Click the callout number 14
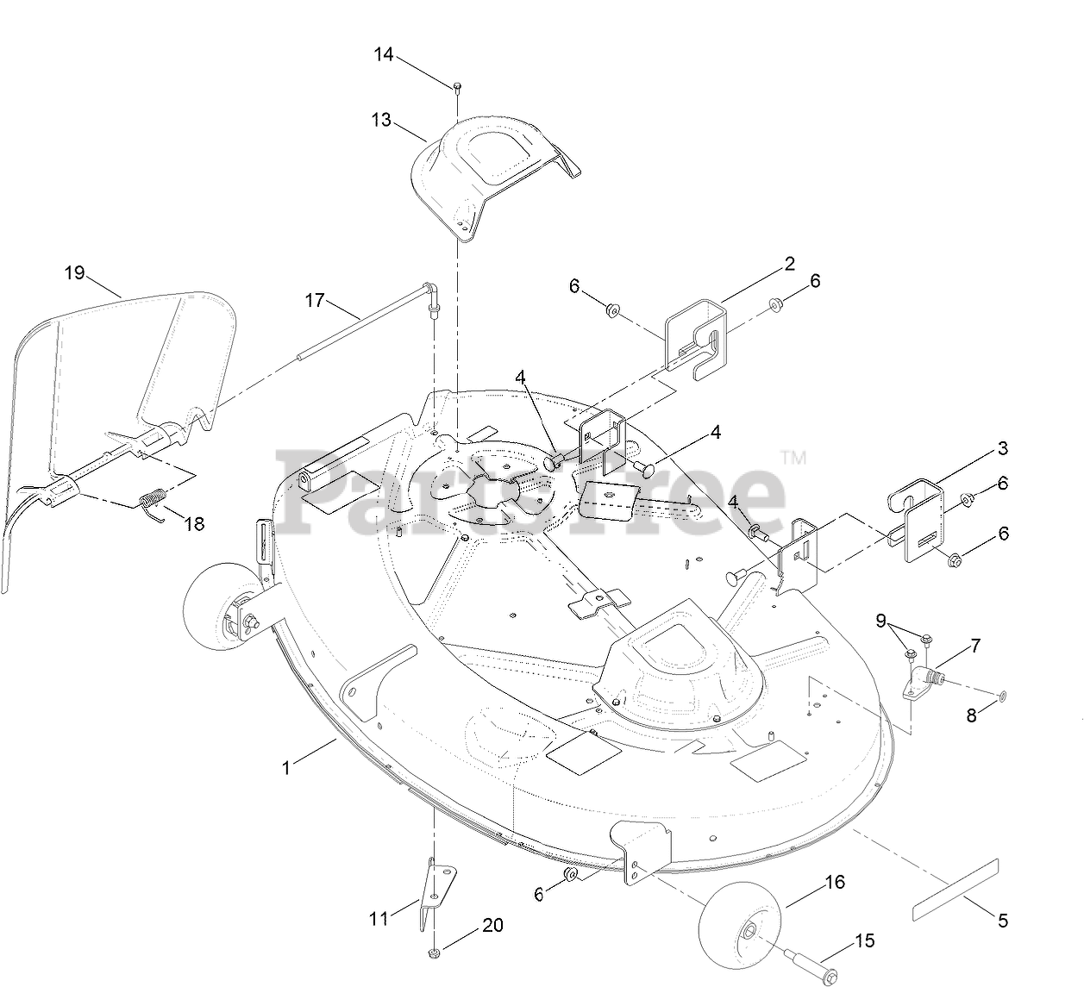[x=384, y=54]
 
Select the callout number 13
[x=381, y=120]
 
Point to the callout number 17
[x=315, y=300]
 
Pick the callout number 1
[x=287, y=767]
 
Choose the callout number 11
[x=379, y=919]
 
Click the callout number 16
[x=835, y=882]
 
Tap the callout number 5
[x=1002, y=921]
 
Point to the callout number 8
[x=971, y=715]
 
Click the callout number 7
[x=975, y=645]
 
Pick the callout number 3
[x=1002, y=448]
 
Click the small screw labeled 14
[x=457, y=84]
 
